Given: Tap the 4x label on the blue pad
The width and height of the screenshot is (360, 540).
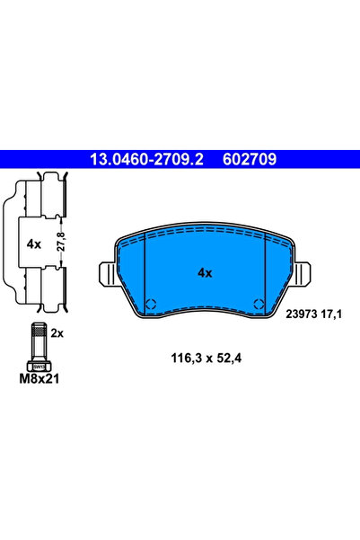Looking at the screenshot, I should click(204, 272).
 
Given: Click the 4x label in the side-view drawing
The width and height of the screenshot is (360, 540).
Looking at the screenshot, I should click(34, 243).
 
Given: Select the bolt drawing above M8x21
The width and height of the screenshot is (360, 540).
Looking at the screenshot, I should click(39, 346).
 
